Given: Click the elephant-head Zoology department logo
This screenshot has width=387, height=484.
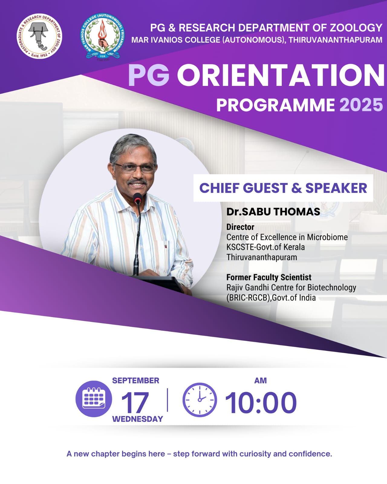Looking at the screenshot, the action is (39, 36).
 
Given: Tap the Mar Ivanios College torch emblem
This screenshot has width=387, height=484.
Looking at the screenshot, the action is (102, 36).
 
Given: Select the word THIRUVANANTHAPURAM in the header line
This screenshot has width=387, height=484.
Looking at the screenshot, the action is (336, 40).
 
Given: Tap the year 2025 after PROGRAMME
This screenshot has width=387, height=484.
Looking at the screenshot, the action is (361, 105).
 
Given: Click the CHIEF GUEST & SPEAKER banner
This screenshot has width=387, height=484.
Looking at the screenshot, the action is (283, 188).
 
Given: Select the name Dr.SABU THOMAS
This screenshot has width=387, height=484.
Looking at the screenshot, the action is (273, 212).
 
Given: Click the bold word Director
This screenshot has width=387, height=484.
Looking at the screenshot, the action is (240, 227).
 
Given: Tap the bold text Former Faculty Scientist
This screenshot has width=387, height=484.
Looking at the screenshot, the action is (269, 277).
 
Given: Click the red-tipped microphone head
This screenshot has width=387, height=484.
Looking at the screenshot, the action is (137, 198).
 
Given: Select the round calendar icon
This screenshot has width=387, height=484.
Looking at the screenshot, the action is (93, 399).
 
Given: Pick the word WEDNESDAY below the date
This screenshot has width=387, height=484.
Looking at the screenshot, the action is (138, 419).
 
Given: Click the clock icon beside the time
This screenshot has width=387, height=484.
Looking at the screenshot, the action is (200, 400).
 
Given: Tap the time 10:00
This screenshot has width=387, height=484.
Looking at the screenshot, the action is (261, 403).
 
